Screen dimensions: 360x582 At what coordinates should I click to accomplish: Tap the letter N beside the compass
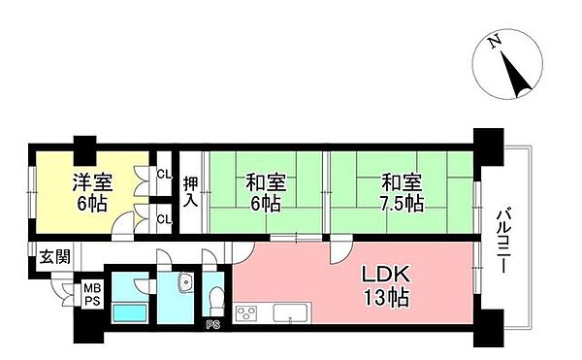[x=495, y=41]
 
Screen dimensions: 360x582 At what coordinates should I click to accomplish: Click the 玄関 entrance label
[x=54, y=257]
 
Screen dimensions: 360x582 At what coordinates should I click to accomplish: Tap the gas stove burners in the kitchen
[x=247, y=313]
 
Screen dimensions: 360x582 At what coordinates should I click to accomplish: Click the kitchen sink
[x=290, y=313]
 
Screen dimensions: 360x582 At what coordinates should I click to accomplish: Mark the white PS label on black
[x=211, y=325]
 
